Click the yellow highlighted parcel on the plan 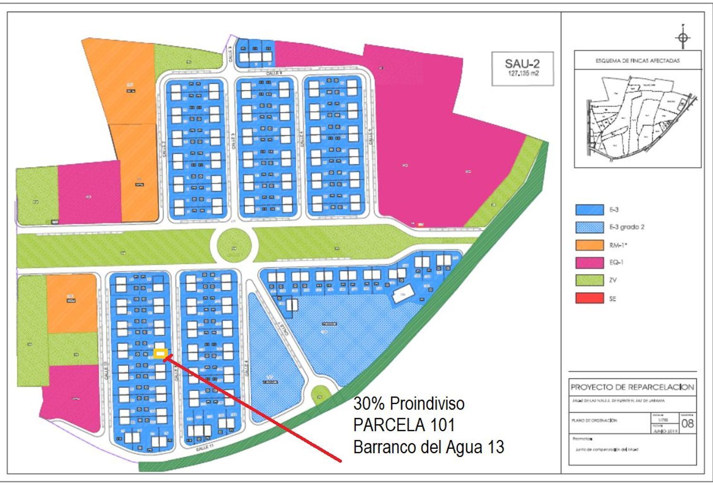tap(161, 353)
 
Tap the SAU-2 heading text tap(522, 64)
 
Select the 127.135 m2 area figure tap(523, 74)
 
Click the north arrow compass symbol tap(683, 38)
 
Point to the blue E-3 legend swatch tap(589, 209)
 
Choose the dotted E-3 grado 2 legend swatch tap(589, 227)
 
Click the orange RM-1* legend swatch tap(589, 245)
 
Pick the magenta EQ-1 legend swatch tap(589, 263)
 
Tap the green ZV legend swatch tap(589, 280)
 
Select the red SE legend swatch tap(589, 299)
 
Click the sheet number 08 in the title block tap(687, 423)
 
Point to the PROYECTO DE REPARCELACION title tap(632, 387)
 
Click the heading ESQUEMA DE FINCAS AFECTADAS tap(637, 61)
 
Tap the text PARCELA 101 tap(404, 425)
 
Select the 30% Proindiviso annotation tap(408, 404)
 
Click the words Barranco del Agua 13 tap(428, 447)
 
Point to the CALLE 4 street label tap(301, 140)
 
